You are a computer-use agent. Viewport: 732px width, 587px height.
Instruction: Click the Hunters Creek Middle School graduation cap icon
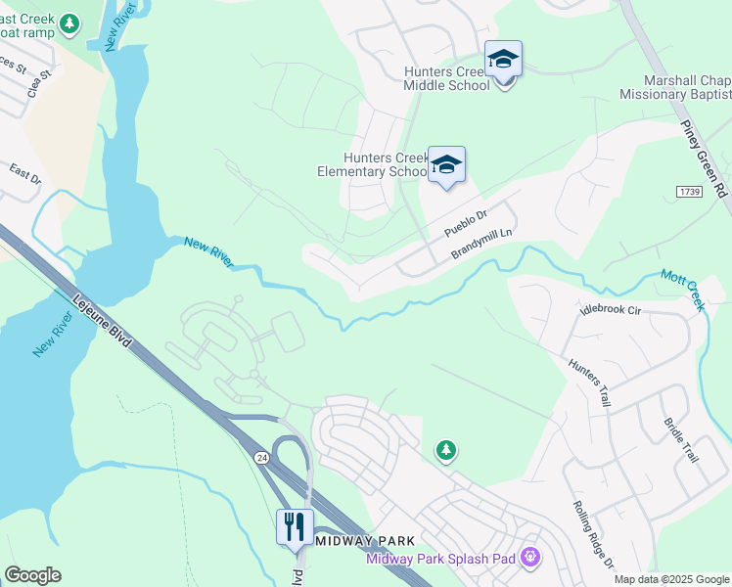(503, 61)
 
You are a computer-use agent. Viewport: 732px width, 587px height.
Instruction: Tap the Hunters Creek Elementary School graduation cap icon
(446, 166)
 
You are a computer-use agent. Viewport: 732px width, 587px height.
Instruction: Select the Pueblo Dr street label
(465, 224)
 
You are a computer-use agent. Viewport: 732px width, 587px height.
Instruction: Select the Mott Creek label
(682, 291)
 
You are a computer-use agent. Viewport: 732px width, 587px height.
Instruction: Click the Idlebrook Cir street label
(610, 309)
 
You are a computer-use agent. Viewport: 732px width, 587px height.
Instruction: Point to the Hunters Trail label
(588, 383)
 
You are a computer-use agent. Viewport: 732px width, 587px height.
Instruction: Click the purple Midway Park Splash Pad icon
(530, 558)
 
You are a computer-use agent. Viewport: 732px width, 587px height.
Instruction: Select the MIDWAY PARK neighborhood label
(367, 541)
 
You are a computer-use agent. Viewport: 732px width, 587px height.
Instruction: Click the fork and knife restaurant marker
(295, 526)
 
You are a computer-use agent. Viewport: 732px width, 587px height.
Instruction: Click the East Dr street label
(25, 175)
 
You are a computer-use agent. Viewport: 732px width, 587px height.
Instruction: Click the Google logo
(32, 575)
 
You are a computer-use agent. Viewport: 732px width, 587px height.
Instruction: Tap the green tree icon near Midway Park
(446, 450)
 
